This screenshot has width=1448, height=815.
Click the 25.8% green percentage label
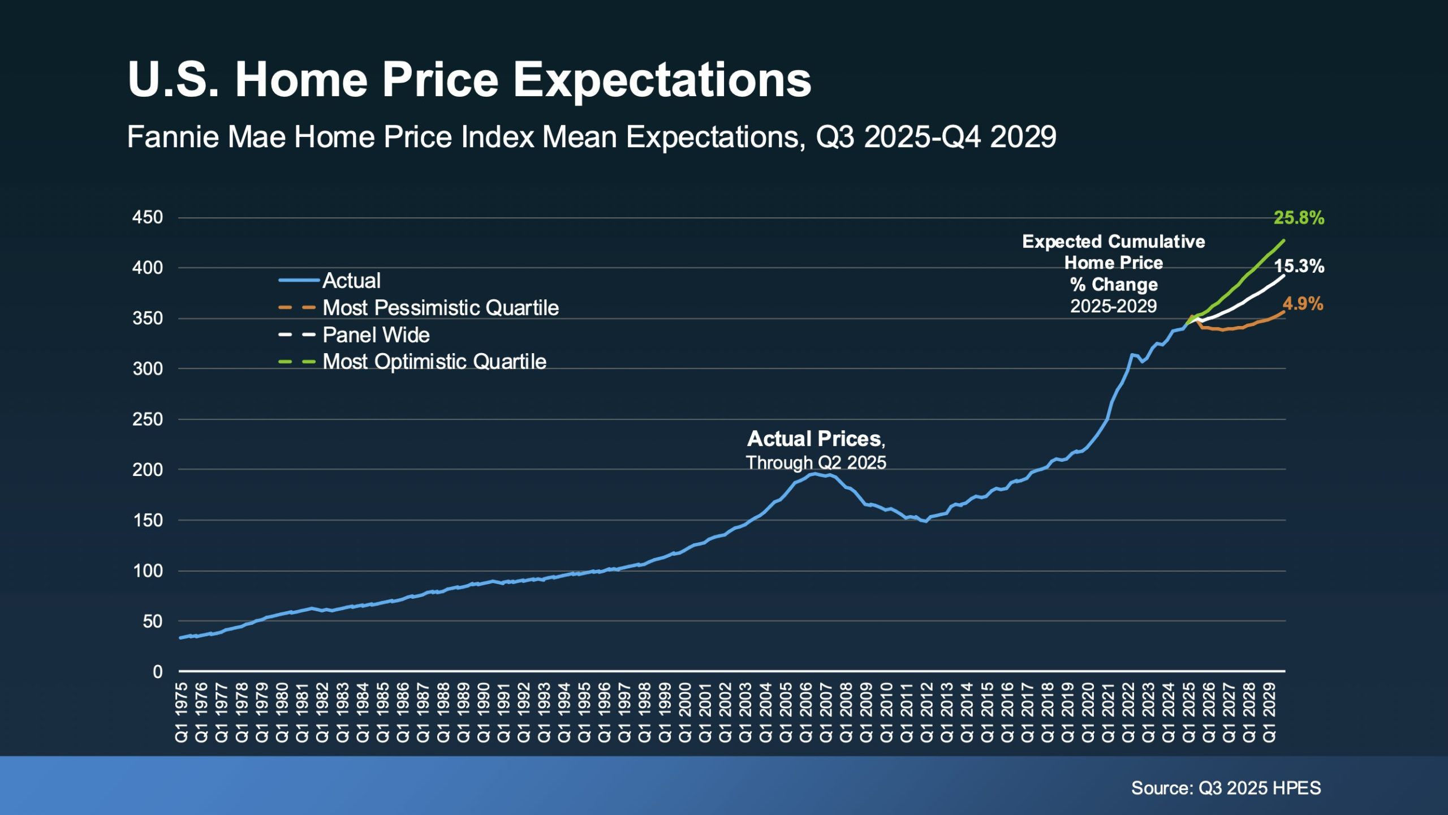click(x=1299, y=218)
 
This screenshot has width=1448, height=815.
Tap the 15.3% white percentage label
click(x=1299, y=266)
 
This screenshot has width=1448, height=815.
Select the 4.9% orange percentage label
click(x=1303, y=304)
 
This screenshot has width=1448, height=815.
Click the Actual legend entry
click(x=351, y=281)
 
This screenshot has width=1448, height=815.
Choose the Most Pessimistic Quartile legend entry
click(x=440, y=308)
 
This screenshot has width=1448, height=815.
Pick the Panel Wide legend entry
click(x=376, y=335)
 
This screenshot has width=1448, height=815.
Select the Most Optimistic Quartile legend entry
click(x=434, y=362)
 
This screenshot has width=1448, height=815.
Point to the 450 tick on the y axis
click(x=148, y=217)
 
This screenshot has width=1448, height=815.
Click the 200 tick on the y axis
click(x=148, y=470)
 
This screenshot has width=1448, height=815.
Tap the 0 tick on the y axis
click(x=157, y=672)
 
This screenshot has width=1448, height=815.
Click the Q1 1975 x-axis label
click(x=182, y=713)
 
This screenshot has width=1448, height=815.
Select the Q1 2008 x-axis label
click(x=846, y=713)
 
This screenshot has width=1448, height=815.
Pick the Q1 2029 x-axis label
click(x=1269, y=713)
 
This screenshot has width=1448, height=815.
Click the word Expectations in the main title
click(x=662, y=80)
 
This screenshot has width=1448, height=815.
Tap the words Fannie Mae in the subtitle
click(x=206, y=137)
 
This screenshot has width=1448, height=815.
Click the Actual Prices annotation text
click(x=815, y=439)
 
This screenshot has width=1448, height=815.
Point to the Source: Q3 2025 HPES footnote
click(x=1226, y=788)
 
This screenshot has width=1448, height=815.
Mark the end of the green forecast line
click(x=1284, y=241)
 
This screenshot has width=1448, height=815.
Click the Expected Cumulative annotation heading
click(x=1113, y=242)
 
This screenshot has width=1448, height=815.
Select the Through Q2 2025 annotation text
click(x=816, y=462)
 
